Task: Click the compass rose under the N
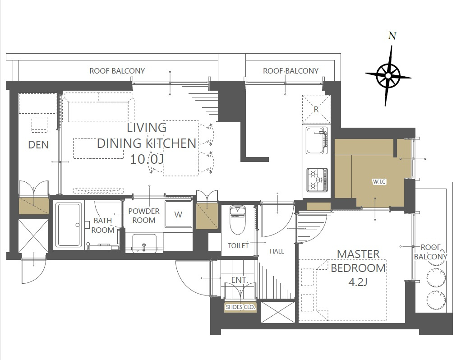pos(388,76)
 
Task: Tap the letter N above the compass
pos(392,36)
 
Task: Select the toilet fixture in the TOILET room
pos(238,220)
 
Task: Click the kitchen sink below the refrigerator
pos(317,140)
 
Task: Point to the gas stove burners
pos(317,180)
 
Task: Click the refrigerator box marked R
pos(316,109)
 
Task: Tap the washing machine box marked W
pos(178,214)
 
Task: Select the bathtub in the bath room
pos(69,225)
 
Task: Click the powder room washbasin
pos(144,243)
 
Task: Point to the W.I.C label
pos(379,181)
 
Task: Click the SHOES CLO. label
pos(240,307)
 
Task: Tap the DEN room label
pos(38,144)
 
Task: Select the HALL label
pos(277,251)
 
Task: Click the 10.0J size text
pos(147,159)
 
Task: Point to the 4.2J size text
pos(358,282)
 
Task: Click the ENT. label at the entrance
pos(240,280)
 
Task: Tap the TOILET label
pos(238,245)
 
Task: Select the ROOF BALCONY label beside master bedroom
pos(430,252)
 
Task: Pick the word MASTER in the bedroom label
pos(358,254)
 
